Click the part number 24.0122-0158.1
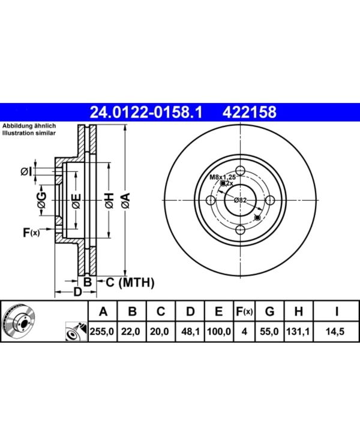pos(146,111)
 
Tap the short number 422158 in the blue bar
pos(249,111)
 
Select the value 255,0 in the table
pos(102,332)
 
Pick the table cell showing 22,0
pos(131,332)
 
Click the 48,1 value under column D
pos(190,332)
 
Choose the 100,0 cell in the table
pos(219,332)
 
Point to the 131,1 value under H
pos(298,332)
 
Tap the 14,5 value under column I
pos(335,332)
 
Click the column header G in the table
pos(269,312)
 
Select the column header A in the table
pos(103,312)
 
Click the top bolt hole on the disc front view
pos(241,171)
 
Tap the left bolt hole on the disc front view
pos(211,200)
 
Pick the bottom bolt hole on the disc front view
pos(241,230)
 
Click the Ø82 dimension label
pos(240,200)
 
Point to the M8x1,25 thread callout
pos(223,177)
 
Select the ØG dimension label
pos(41,200)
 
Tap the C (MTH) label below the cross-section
pos(130,282)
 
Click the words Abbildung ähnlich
pos(29,126)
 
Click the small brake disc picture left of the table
pos(19,321)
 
